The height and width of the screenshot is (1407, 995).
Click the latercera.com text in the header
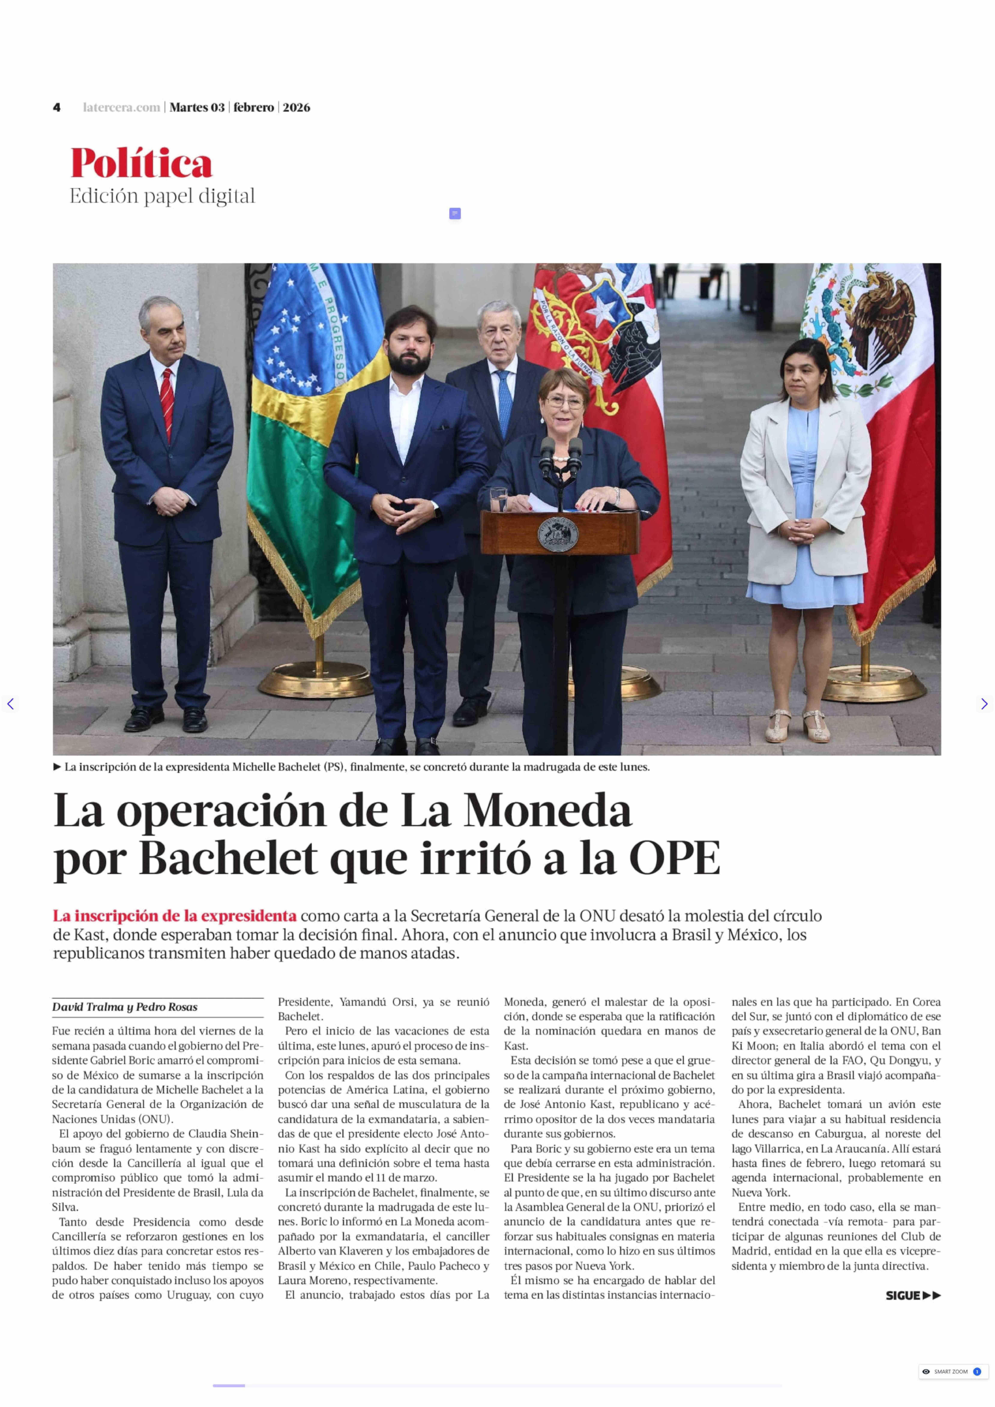click(121, 107)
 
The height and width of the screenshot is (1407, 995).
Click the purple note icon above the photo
click(455, 213)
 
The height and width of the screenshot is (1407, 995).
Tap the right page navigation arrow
click(984, 704)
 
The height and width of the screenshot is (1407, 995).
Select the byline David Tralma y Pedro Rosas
click(124, 1007)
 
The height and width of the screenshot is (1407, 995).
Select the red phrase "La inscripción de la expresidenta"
click(175, 915)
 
